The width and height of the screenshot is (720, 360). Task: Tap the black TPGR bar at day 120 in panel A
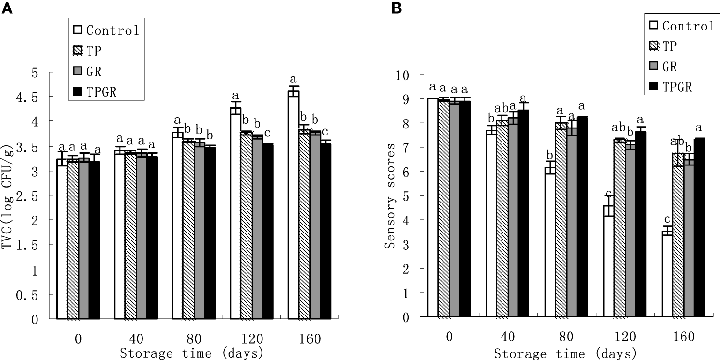pos(268,232)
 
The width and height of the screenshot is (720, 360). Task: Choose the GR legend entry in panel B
pos(670,67)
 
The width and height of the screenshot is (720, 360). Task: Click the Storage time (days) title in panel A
pos(191,352)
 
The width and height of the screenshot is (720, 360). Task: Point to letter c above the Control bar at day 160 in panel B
pos(667,218)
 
